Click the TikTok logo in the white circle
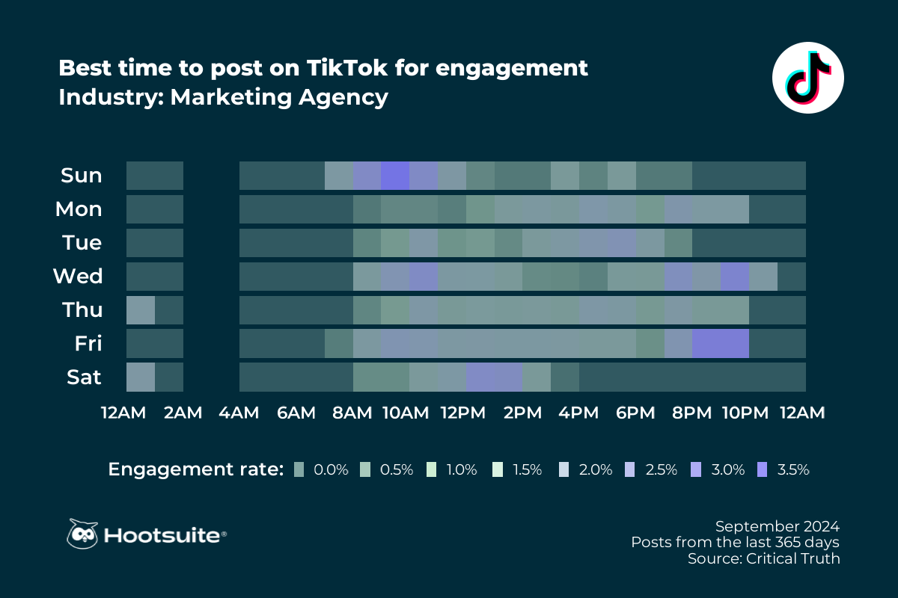click(807, 77)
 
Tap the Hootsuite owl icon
click(82, 534)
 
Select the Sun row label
click(81, 176)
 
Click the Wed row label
click(77, 277)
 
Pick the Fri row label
click(88, 344)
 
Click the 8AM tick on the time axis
click(352, 413)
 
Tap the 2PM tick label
click(522, 413)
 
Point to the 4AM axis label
click(239, 413)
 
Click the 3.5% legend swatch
click(763, 470)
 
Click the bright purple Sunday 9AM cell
click(395, 176)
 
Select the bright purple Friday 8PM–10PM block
click(720, 344)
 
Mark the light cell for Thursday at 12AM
click(141, 310)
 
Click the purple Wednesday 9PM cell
click(734, 277)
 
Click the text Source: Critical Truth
click(763, 558)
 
